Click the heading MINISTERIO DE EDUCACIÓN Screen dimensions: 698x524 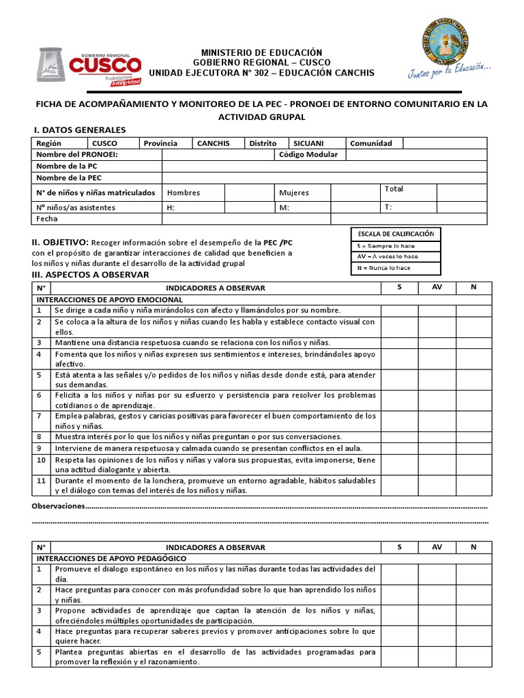261,52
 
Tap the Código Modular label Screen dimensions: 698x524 308,155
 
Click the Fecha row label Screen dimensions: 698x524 47,219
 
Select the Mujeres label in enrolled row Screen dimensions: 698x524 294,193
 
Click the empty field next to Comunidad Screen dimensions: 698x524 444,143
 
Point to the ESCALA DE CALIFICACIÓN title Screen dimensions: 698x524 396,234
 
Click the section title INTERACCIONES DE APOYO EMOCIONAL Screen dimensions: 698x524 109,299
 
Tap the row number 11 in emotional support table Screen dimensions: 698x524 41,481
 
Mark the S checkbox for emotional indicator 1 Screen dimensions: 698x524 399,310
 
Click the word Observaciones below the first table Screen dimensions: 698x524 58,506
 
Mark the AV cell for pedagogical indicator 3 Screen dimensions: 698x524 437,616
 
